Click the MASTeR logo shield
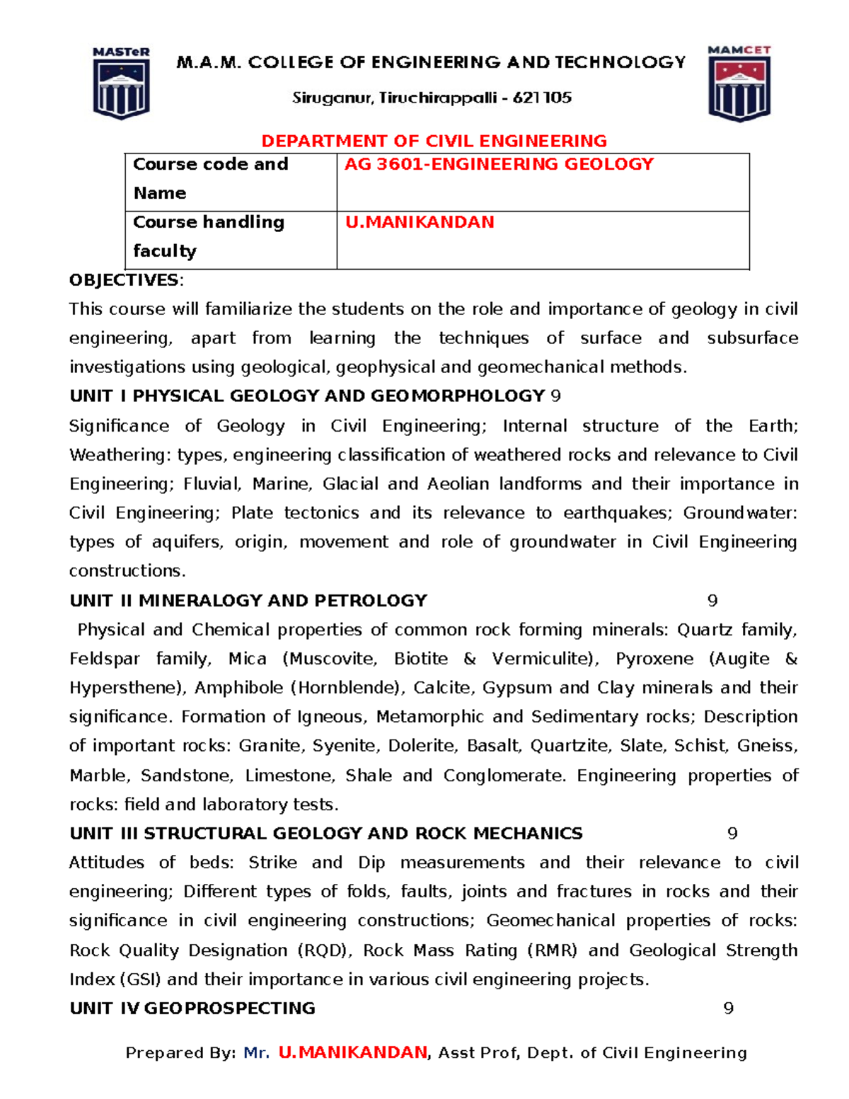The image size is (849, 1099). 121,84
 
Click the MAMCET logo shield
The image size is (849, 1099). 739,85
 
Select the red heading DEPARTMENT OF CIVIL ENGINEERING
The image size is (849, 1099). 434,141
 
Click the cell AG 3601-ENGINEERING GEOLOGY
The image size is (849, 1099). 499,164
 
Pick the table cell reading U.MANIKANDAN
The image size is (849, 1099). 420,222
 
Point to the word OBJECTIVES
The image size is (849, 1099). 124,280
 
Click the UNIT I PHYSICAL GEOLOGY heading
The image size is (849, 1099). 307,396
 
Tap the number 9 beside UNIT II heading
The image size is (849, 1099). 712,601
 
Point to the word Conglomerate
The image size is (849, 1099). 503,776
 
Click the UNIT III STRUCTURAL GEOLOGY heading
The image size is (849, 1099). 326,834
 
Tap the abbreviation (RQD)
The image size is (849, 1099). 323,950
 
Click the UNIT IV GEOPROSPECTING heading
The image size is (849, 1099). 192,1008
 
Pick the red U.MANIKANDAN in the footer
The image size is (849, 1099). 353,1053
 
